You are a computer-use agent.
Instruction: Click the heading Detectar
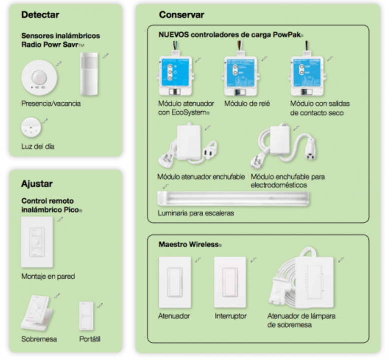[40, 15]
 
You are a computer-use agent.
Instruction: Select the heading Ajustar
[37, 184]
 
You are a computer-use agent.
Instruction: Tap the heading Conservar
[181, 15]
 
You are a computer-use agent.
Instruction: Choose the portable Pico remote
[86, 316]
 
